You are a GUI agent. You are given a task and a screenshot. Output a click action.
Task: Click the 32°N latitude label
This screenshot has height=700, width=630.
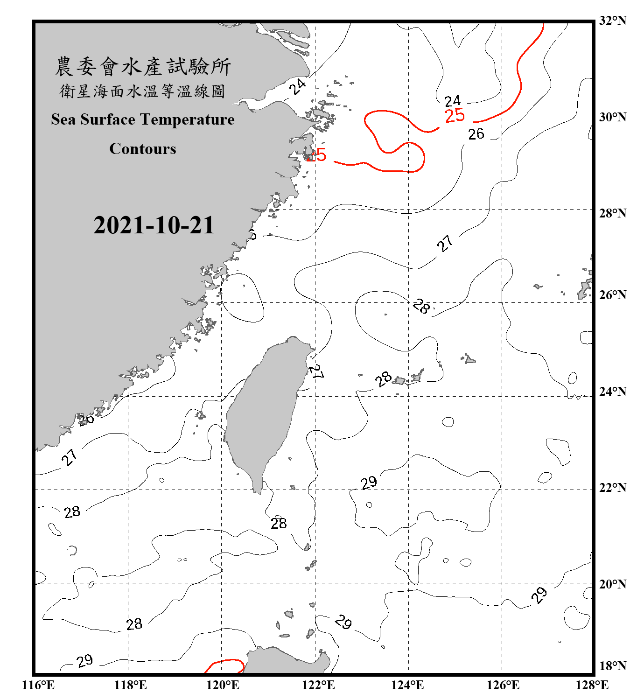[x=612, y=21]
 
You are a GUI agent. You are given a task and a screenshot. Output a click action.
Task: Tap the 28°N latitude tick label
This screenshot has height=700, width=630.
[x=612, y=213]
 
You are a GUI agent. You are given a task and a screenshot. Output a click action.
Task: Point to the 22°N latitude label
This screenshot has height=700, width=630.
[x=612, y=488]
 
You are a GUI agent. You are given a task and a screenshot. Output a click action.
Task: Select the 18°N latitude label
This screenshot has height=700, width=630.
[x=612, y=666]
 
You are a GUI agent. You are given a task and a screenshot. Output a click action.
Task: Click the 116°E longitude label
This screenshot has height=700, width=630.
[x=38, y=685]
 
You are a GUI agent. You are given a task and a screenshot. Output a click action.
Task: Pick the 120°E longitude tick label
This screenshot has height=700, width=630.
[x=223, y=685]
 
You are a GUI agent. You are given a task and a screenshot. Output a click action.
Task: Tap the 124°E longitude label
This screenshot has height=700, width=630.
[x=407, y=685]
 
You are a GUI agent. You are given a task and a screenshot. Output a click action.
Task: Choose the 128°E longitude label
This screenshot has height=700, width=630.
[x=592, y=685]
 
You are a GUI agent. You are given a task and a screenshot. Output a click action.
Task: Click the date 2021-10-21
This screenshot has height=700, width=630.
[x=154, y=225]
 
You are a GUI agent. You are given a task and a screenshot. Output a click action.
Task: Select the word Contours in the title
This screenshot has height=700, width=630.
[x=143, y=149]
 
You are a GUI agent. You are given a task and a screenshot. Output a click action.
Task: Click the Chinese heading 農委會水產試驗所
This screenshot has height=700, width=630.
[x=143, y=67]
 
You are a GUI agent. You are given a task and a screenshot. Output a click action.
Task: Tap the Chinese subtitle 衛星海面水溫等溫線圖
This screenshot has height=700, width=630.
[x=143, y=91]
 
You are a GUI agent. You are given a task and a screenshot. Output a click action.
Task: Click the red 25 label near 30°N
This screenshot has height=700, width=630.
[x=455, y=116]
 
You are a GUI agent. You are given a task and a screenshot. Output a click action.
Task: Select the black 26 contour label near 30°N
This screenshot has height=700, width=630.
[x=476, y=134]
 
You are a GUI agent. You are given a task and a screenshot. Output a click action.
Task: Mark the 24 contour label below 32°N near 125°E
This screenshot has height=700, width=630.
[x=452, y=101]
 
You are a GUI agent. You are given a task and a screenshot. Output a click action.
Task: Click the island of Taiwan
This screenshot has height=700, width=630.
[x=264, y=411]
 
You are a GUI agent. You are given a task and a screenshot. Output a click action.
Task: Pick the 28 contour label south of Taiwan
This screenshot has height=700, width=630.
[x=279, y=524]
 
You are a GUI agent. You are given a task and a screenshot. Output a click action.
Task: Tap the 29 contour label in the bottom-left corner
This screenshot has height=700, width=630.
[x=84, y=661]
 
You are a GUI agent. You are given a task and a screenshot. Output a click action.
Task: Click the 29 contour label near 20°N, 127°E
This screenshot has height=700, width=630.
[x=539, y=595]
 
